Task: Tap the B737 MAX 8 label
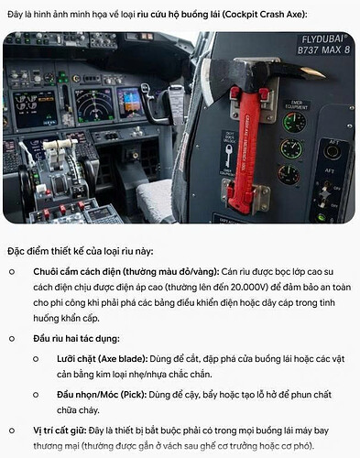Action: coord(323,49)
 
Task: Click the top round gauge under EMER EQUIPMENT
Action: coord(294,123)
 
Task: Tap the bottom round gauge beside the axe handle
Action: coord(289,174)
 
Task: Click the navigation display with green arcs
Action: coord(93,105)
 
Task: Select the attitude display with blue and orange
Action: coord(130,104)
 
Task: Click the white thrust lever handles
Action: coord(60,145)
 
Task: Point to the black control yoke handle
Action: coord(152,104)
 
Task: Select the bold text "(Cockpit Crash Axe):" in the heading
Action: coord(265,15)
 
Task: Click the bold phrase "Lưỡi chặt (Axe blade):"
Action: coord(103,359)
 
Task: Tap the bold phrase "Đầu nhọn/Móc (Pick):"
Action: coord(102,395)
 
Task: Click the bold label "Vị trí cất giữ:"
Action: coord(60,431)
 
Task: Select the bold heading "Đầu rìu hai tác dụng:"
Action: coord(76,339)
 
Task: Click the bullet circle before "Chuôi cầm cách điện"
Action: coord(12,272)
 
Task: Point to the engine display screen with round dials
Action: coord(35,109)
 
